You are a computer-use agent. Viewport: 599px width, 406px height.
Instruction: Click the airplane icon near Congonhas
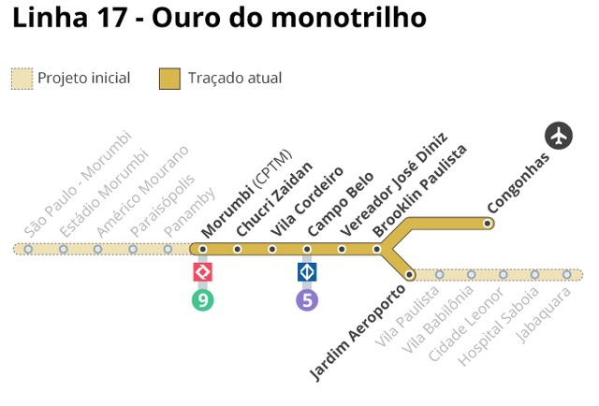559,136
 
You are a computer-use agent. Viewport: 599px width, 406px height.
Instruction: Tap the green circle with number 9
202,300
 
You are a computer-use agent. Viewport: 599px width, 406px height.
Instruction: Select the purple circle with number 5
307,300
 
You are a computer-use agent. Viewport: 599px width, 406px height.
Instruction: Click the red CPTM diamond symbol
202,272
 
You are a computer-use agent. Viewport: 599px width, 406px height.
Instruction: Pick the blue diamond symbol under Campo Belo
307,272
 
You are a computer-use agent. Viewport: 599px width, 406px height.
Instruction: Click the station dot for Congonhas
488,223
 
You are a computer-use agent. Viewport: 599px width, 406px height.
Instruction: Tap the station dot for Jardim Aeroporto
410,274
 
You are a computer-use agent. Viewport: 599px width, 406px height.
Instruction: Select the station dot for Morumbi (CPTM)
202,249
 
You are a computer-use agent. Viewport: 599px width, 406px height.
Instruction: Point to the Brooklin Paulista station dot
376,249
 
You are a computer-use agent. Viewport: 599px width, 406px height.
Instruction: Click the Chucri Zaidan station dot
238,249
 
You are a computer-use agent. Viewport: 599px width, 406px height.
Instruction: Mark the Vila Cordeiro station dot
272,249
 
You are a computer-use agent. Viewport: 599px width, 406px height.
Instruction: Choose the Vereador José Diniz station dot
342,249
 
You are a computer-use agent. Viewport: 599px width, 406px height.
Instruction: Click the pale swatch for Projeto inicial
22,79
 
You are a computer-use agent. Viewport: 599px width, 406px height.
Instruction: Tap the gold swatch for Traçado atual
169,79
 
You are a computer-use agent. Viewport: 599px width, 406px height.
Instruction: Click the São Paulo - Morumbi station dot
28,249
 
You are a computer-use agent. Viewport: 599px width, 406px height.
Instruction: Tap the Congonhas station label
518,181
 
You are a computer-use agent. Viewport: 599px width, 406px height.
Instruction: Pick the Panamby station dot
168,249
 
